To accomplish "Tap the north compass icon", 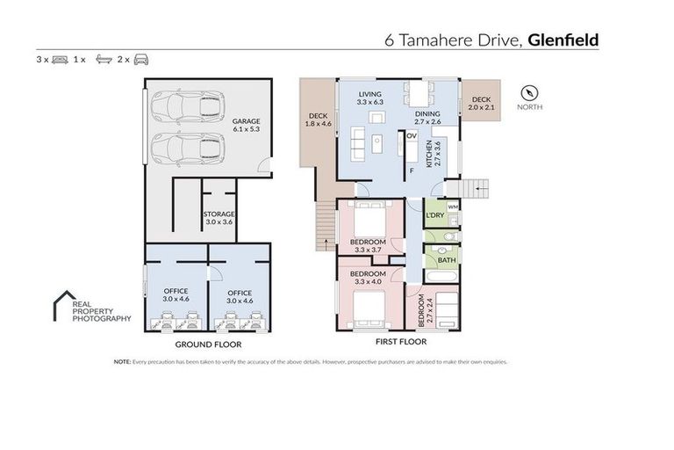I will [528, 91].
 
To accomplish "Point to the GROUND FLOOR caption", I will [204, 345].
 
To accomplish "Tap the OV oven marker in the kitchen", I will [410, 135].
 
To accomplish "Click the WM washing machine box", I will [453, 207].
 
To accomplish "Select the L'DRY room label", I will [434, 215].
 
